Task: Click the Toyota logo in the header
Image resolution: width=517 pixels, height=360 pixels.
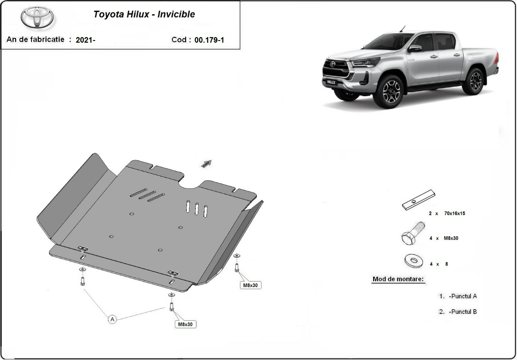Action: point(37,17)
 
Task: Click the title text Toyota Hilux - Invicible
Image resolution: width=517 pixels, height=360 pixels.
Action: point(144,14)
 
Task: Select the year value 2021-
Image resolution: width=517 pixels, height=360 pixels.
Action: point(85,40)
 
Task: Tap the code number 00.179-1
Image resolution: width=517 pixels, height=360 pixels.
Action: point(209,40)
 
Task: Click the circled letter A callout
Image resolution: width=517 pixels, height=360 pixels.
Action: point(112,319)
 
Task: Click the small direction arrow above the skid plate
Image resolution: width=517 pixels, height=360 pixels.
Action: point(206,163)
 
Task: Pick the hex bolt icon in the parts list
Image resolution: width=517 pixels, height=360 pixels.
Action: point(412,234)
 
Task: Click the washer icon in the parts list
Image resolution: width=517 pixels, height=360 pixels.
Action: point(414,260)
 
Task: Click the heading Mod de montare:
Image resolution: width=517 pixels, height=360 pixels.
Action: point(398,279)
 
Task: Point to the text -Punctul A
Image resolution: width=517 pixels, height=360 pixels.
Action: point(462,296)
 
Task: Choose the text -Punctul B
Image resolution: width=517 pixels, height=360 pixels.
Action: point(462,312)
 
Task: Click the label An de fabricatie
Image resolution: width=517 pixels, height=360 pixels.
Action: point(35,40)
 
